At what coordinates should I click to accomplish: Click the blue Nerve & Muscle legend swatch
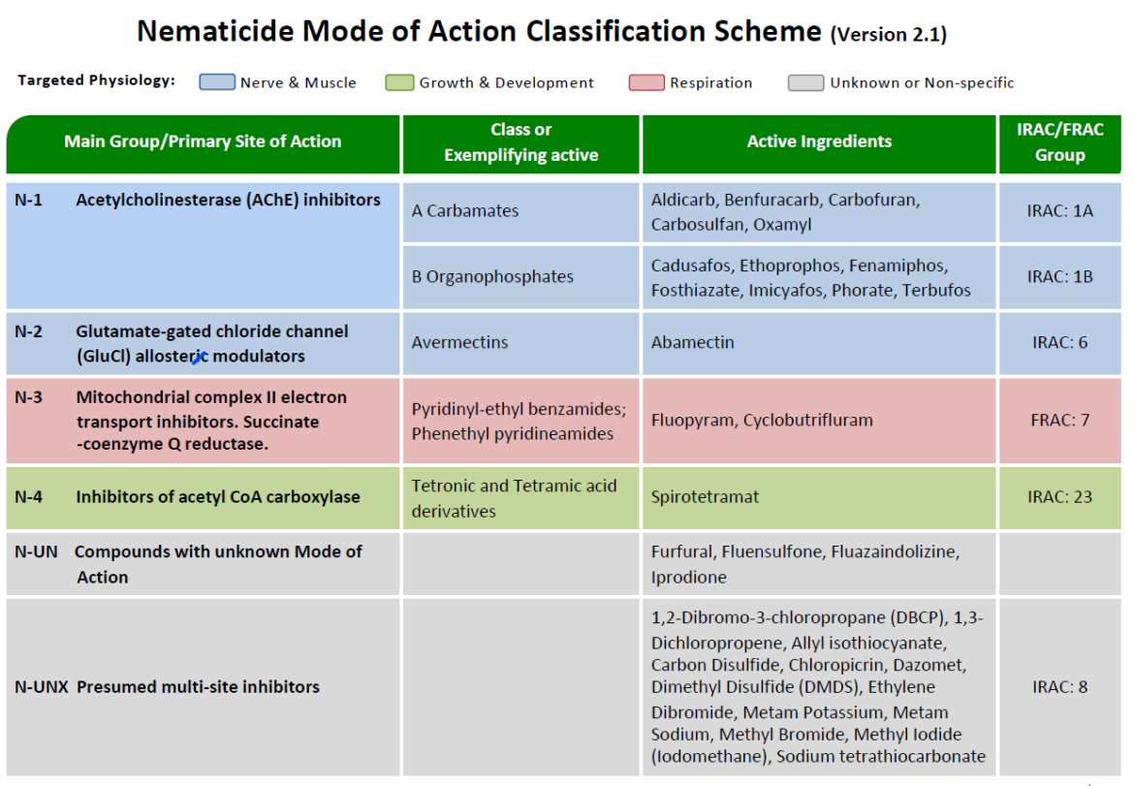coord(217,82)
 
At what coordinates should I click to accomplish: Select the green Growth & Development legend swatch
coord(400,82)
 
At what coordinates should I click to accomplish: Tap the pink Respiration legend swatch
coord(646,82)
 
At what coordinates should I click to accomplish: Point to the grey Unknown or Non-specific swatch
coord(806,82)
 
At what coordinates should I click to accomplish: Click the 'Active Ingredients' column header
coord(819,141)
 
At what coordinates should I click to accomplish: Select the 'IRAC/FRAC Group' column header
coord(1059,141)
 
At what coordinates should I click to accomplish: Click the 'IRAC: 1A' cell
coord(1059,210)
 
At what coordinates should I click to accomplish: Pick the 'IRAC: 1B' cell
coord(1059,276)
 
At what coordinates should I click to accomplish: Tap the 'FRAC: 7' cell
coord(1059,420)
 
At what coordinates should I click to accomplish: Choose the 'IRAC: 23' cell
coord(1059,496)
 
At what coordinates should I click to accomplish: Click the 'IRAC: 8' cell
coord(1059,686)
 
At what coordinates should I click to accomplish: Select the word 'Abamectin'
coord(692,342)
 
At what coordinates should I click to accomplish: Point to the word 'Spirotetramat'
coord(705,496)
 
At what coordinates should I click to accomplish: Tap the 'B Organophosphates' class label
coord(492,276)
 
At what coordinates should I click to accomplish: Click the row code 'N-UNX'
coord(41,687)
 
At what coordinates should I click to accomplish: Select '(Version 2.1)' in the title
coord(888,35)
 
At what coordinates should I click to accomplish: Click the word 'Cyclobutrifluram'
coord(810,420)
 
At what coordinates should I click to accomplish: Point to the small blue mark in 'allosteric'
coord(198,359)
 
